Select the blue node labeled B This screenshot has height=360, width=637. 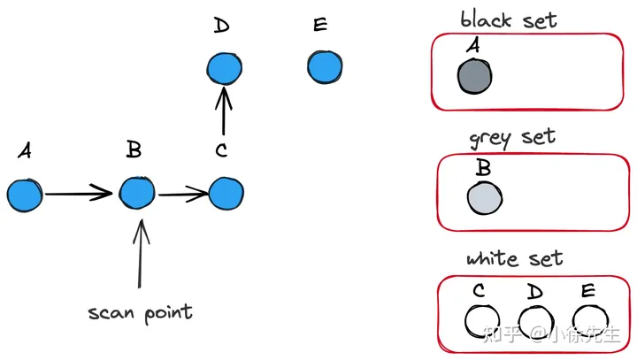137,193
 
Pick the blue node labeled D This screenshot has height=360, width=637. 224,68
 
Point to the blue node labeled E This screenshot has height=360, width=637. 325,66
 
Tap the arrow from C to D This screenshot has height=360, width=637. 225,111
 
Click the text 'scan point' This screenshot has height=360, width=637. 140,312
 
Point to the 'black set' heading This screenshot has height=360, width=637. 509,19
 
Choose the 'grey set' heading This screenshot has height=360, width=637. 513,137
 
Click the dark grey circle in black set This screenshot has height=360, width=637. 474,77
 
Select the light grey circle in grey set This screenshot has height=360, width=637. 485,197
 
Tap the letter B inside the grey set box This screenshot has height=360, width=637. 483,167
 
